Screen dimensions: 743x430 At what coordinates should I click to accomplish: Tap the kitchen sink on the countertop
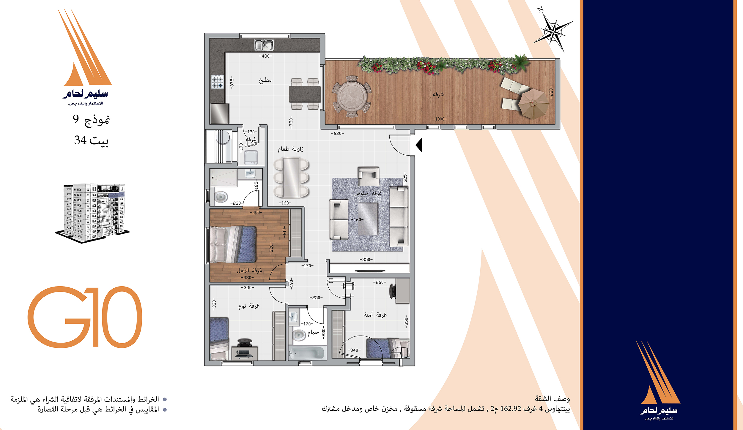point(264,45)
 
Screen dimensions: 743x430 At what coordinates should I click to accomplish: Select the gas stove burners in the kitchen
point(217,82)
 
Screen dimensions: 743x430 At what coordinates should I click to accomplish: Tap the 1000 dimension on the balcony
point(440,119)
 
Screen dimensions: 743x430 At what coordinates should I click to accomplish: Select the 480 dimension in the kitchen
point(265,56)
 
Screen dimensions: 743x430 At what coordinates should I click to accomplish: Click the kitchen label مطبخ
point(265,80)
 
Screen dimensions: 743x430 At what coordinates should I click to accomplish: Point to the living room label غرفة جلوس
point(368,193)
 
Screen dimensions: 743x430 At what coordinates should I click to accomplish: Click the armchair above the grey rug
point(369,176)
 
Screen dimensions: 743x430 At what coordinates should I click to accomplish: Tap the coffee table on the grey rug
point(368,219)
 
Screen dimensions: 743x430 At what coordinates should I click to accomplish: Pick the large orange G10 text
point(85,317)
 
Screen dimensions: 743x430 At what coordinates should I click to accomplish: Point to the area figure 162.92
point(511,409)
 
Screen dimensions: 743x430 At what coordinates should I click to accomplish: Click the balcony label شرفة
point(438,94)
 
